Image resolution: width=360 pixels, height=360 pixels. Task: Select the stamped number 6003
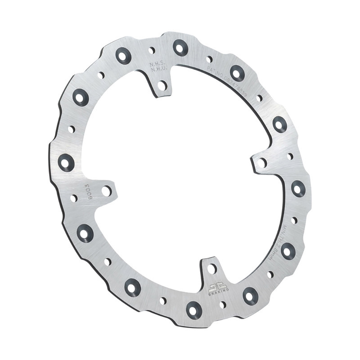click(88, 189)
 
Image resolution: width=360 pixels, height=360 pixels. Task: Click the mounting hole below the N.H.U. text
click(162, 85)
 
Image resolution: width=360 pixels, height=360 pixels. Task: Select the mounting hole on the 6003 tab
click(106, 191)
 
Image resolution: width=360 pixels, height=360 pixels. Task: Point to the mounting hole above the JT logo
click(212, 269)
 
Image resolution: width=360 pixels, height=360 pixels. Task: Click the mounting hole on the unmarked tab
click(262, 163)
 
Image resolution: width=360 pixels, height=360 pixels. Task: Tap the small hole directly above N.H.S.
click(152, 50)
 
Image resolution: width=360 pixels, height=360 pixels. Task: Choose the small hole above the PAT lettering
click(210, 59)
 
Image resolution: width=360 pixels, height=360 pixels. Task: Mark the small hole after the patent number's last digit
click(259, 98)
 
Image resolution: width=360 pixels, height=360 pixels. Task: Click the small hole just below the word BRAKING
click(223, 304)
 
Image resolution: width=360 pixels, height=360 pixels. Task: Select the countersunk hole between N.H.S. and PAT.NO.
click(180, 47)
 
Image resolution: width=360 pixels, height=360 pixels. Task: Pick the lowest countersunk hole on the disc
click(194, 310)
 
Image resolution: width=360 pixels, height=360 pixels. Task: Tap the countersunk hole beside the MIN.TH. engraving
click(288, 250)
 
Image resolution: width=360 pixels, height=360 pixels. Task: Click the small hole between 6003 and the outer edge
click(74, 198)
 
